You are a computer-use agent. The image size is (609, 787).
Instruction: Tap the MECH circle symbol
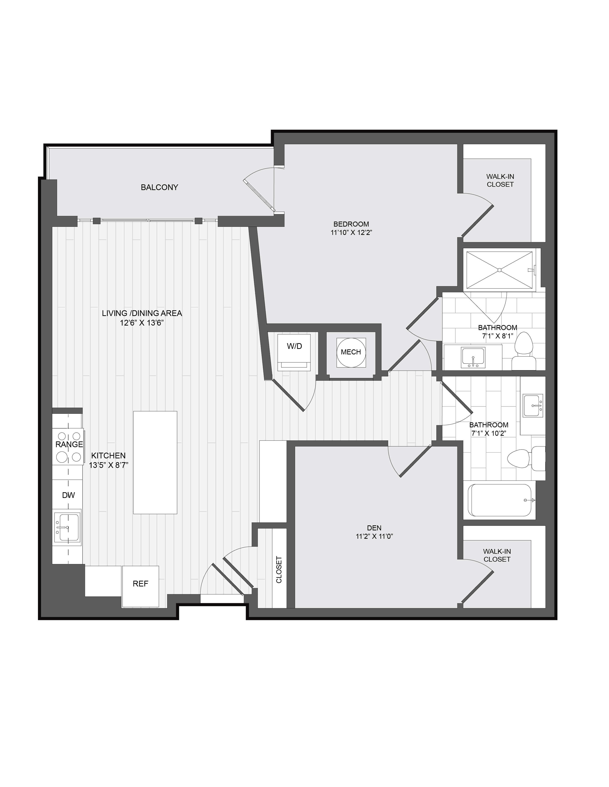tap(351, 352)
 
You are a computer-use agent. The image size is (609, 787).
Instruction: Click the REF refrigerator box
tap(140, 584)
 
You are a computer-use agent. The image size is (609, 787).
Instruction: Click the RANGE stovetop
tap(69, 447)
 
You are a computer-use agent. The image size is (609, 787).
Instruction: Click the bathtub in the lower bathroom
tap(499, 500)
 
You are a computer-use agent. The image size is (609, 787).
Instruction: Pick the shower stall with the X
tap(499, 270)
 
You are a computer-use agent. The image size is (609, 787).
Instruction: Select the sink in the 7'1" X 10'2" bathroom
tap(533, 406)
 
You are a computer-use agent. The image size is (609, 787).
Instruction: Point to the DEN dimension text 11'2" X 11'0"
tap(374, 536)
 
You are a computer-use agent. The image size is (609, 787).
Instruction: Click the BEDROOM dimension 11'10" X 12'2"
tap(351, 233)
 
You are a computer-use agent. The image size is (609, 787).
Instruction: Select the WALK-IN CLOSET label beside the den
tap(497, 555)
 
